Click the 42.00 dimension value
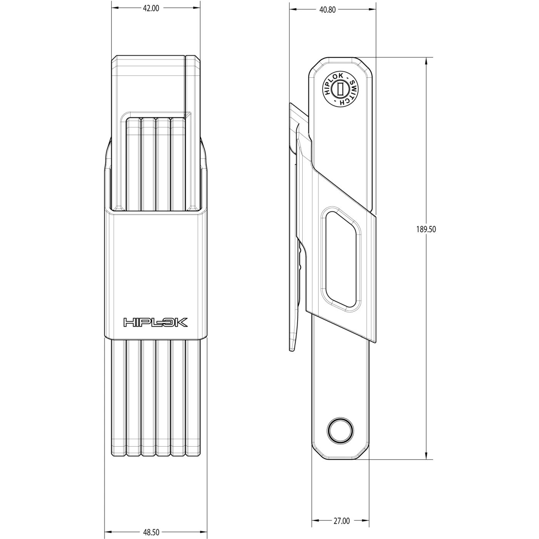pos(151,8)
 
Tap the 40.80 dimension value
pos(327,10)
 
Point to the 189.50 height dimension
pos(426,229)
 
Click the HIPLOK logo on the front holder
pos(156,322)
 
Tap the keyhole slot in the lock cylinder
pos(340,89)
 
